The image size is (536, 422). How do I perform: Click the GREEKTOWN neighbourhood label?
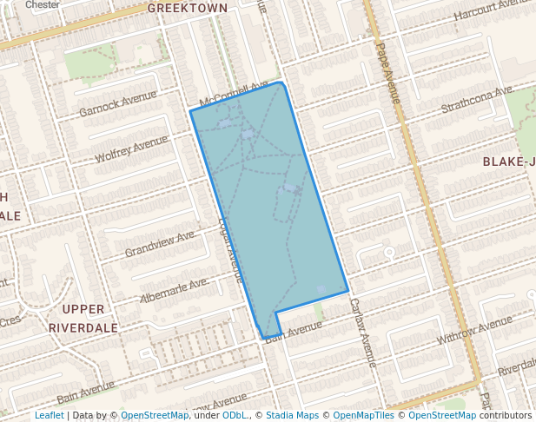click(187, 8)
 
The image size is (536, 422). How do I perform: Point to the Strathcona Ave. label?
click(477, 99)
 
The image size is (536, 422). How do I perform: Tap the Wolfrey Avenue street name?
click(131, 148)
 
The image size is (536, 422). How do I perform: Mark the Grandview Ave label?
click(161, 244)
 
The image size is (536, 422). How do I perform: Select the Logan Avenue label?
click(230, 248)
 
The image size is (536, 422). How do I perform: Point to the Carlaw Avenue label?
click(362, 332)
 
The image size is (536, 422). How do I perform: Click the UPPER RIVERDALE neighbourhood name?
click(83, 319)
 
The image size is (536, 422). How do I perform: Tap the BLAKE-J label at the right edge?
click(508, 162)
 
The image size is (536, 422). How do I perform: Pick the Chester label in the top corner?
click(43, 4)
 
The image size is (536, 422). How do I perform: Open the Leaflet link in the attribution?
click(49, 415)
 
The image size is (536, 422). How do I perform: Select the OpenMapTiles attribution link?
click(366, 415)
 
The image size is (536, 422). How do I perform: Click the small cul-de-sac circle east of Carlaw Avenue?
click(389, 252)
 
